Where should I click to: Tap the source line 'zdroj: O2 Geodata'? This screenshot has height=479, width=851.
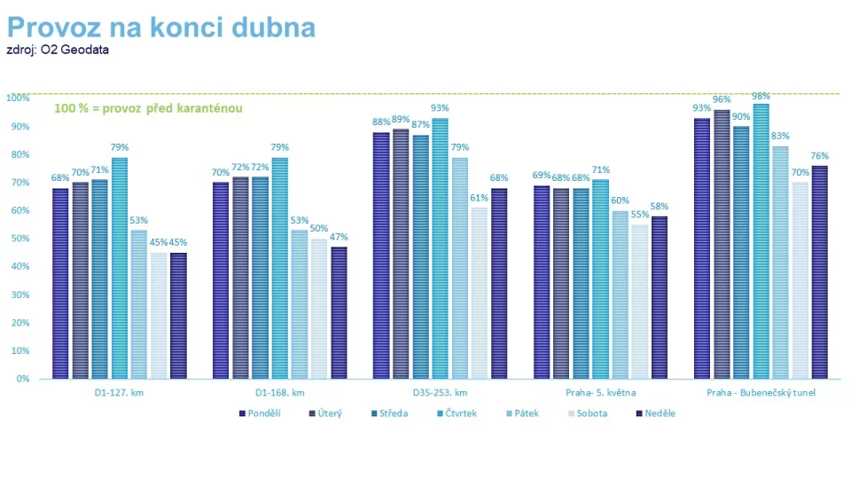[58, 50]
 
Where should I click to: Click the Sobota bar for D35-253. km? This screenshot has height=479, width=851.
[479, 293]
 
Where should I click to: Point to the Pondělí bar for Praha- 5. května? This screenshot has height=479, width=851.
[543, 282]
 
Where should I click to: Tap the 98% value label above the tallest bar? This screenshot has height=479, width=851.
[761, 96]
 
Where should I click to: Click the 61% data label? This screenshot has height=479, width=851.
[479, 199]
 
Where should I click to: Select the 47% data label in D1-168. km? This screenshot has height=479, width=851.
[339, 238]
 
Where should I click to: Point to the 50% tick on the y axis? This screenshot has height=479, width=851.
[18, 238]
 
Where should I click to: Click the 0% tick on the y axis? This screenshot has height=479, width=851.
[20, 379]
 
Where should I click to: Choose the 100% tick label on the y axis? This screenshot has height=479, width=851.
[16, 98]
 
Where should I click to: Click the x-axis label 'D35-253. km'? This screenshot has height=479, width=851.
[441, 392]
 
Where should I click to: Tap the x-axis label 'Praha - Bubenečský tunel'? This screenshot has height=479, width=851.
[761, 392]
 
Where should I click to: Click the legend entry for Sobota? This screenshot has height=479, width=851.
[587, 413]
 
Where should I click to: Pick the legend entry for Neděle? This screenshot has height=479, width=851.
[656, 413]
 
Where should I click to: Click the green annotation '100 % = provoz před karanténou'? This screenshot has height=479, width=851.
[149, 108]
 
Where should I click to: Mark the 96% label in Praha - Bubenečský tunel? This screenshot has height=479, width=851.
[722, 100]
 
